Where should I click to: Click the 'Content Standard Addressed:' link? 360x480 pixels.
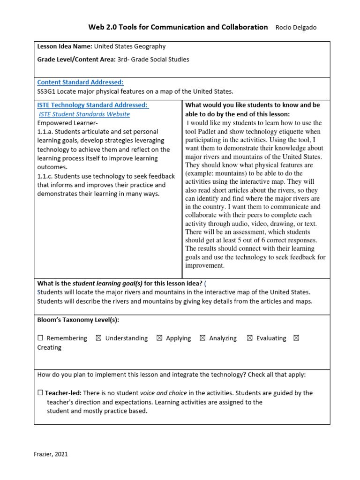click(80, 82)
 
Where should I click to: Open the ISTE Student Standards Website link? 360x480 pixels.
click(84, 114)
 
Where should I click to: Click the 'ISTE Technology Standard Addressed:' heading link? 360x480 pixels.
click(93, 105)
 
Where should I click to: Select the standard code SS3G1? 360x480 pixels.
click(47, 91)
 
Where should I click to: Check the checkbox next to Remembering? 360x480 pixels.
click(40, 338)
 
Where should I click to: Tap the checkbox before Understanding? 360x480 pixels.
click(98, 338)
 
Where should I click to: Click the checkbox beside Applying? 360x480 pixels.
click(159, 338)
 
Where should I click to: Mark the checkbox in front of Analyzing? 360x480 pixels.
click(202, 338)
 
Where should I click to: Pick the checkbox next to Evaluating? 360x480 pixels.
click(250, 338)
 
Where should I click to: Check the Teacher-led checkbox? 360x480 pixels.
click(40, 393)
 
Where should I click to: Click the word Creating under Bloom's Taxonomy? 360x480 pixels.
click(49, 347)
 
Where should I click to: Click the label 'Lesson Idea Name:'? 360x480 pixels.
click(65, 46)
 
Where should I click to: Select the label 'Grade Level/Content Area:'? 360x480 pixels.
click(77, 59)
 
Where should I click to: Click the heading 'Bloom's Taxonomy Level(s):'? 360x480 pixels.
click(78, 320)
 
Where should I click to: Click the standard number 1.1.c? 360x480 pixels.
click(45, 176)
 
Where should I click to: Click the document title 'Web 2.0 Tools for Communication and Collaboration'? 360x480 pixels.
click(178, 27)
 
